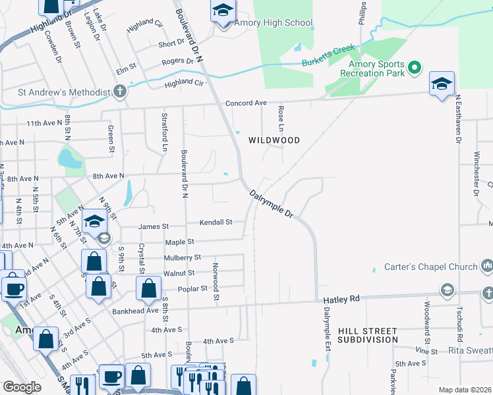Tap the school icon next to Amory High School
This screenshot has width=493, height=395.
(223, 11)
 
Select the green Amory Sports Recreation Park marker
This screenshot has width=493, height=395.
(415, 67)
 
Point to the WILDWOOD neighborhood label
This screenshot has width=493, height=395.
(274, 140)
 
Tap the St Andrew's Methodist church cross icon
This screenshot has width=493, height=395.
(120, 92)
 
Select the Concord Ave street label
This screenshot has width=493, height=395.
(246, 103)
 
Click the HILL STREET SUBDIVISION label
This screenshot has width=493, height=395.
(368, 335)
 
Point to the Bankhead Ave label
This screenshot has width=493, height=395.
(136, 311)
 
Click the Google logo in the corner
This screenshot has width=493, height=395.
(22, 387)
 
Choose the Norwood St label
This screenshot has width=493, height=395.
(216, 282)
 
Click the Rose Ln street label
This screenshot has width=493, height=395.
(281, 116)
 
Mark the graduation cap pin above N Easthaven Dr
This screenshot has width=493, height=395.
(442, 84)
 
